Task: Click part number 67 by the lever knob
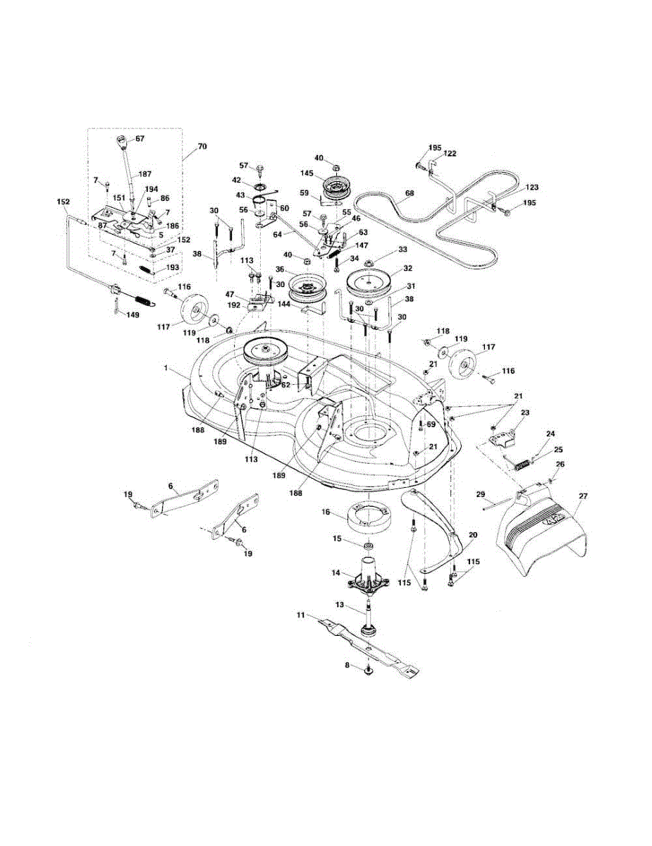(140, 139)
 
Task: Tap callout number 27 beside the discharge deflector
(582, 497)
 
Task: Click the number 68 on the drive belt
(410, 192)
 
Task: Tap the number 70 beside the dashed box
(202, 147)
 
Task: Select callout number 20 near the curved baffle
(472, 536)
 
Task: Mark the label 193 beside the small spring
(172, 268)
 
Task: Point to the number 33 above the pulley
(402, 249)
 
